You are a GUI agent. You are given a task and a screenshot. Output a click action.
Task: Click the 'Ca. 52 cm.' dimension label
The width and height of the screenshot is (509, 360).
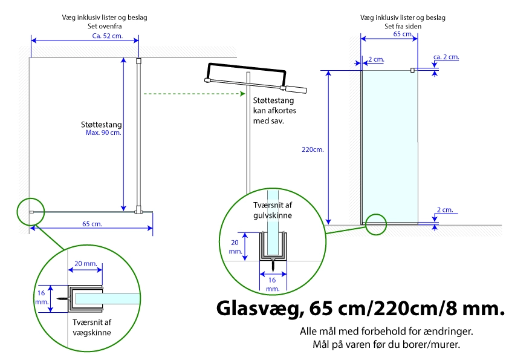click(x=108, y=36)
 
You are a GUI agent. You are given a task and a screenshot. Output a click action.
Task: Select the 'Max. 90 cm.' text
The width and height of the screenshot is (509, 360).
click(x=103, y=133)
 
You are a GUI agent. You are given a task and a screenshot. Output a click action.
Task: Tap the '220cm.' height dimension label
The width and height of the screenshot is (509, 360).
click(x=313, y=149)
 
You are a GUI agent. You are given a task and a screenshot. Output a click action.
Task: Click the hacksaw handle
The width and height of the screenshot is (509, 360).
click(x=295, y=89)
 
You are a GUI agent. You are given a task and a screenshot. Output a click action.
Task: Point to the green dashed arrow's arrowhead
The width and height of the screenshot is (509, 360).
click(x=242, y=94)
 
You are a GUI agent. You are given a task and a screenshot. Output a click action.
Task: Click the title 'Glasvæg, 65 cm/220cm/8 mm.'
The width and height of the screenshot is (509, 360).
click(x=360, y=309)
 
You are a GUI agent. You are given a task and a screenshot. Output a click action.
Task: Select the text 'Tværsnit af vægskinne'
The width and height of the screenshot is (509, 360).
click(x=92, y=327)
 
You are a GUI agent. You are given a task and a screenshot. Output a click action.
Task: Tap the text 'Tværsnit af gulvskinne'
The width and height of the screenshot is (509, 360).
click(x=273, y=210)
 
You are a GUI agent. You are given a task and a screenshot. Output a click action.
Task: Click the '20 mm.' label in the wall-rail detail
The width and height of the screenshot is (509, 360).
click(x=86, y=264)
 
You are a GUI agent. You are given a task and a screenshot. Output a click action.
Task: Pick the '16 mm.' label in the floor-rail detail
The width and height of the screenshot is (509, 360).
click(x=273, y=284)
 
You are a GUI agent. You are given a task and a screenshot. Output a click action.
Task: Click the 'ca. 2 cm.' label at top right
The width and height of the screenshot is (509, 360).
click(x=446, y=57)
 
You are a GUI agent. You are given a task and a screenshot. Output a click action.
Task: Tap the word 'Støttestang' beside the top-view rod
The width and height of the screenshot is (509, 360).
click(x=102, y=125)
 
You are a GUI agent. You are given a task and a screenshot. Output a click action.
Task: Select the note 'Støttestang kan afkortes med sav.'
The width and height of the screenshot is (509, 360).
click(x=274, y=111)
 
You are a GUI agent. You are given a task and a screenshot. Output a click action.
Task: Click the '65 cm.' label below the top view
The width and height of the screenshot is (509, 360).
click(x=92, y=224)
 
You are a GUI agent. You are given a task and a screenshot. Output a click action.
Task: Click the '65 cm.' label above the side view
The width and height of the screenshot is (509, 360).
click(x=403, y=34)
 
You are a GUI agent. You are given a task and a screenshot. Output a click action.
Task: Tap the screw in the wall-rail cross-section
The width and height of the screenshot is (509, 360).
click(x=63, y=299)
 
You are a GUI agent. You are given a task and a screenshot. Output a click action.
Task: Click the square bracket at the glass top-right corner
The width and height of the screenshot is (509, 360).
click(x=413, y=70)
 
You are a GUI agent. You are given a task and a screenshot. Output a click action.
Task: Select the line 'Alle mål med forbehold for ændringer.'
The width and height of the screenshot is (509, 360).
click(x=387, y=332)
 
